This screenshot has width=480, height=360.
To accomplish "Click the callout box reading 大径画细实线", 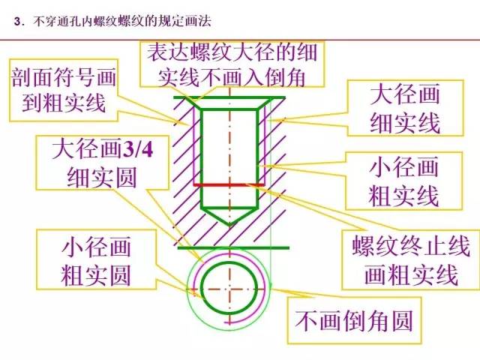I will [x=404, y=109].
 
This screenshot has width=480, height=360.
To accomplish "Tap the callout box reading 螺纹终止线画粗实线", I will [x=406, y=259].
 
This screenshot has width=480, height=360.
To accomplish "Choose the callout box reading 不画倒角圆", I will [x=354, y=322].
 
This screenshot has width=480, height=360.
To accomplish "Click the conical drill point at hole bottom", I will [x=230, y=217].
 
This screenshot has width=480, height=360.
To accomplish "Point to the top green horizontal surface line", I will [x=229, y=97].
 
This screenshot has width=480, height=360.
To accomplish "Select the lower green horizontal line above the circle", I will [x=229, y=247].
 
